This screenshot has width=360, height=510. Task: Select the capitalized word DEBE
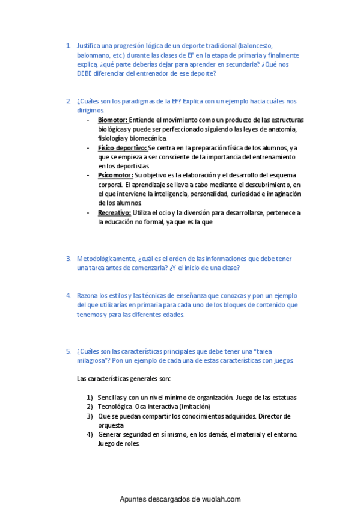[x=85, y=73]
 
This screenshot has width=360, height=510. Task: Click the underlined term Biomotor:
[x=112, y=120]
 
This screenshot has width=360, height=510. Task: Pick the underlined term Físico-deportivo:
[x=122, y=147]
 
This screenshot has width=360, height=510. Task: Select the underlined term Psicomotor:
[x=115, y=175]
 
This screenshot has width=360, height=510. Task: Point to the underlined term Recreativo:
[x=114, y=212]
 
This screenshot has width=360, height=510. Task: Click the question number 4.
[x=69, y=296]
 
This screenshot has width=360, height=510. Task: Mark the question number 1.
[x=69, y=46]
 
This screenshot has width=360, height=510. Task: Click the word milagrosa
[x=94, y=360]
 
